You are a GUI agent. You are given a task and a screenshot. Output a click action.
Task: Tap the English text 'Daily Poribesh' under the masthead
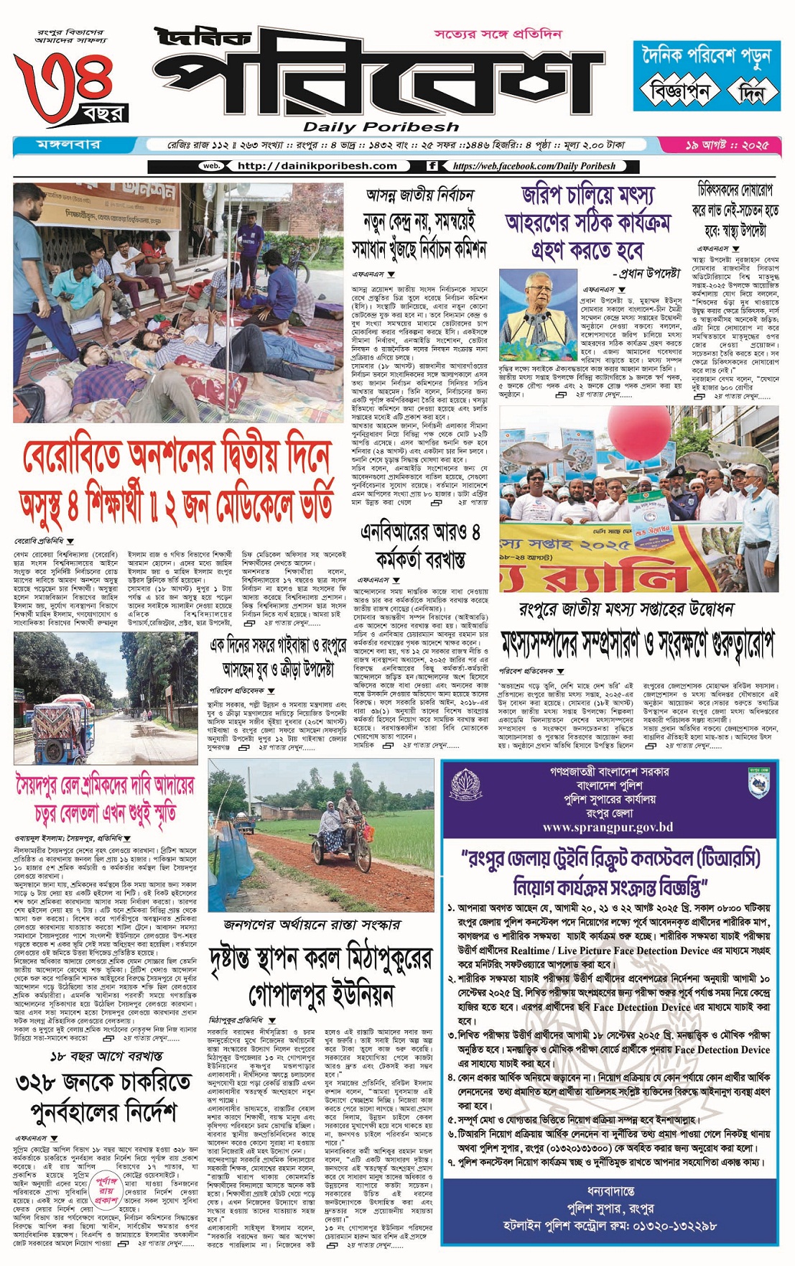pyautogui.click(x=381, y=128)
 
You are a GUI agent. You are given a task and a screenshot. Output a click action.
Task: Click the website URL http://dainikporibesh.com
pyautogui.click(x=317, y=166)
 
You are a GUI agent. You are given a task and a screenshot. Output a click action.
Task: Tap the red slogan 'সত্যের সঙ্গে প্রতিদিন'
pyautogui.click(x=498, y=34)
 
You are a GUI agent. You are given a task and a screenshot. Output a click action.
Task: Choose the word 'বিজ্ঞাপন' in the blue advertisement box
pyautogui.click(x=679, y=91)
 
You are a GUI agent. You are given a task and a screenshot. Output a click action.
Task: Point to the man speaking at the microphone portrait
pyautogui.click(x=538, y=309)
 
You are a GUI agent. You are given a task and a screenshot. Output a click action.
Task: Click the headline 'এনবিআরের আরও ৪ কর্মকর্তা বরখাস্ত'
pyautogui.click(x=420, y=545)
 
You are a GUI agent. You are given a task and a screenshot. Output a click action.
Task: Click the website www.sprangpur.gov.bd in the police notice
pyautogui.click(x=608, y=828)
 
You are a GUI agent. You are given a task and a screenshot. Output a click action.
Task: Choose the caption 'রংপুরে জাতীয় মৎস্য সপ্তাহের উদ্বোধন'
pyautogui.click(x=626, y=609)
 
